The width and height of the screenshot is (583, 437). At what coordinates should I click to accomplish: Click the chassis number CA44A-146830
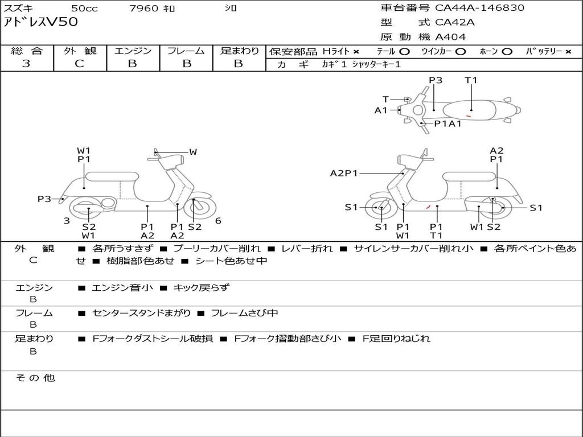coord(479,8)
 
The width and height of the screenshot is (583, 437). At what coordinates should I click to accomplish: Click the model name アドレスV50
coord(41,22)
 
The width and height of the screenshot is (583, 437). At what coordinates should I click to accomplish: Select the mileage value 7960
coord(143,8)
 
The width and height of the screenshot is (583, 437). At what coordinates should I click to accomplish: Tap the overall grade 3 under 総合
coord(26,64)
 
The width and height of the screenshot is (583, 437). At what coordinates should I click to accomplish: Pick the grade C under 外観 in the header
coord(79,64)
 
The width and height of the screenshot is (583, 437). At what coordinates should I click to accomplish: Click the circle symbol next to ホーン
coord(507,52)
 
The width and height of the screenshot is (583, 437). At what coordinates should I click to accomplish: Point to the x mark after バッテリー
coord(568,52)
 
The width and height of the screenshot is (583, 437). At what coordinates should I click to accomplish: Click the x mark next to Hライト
coord(356,52)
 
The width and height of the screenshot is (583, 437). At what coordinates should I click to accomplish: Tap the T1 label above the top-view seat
coord(471,80)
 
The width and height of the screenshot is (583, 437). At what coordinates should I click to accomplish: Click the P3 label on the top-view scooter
coord(436,80)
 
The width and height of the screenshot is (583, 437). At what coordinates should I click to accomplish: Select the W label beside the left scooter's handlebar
coord(193,152)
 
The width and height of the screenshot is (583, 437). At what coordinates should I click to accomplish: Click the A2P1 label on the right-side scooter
coord(344,173)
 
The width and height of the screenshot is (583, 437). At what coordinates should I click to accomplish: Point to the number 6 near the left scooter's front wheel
coord(218,221)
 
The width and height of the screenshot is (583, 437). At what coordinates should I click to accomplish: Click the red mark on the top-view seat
coord(469,116)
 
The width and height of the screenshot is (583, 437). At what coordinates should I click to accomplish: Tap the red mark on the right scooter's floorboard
coord(428,207)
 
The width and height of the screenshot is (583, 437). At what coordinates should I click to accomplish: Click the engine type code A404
coord(450,37)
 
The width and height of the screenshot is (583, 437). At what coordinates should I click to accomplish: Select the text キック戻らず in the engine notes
coord(202,287)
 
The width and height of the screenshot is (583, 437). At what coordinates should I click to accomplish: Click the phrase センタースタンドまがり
coord(141,314)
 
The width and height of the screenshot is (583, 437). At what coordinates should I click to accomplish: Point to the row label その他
coord(35,378)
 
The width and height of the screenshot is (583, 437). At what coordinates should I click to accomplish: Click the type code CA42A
coord(455,22)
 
